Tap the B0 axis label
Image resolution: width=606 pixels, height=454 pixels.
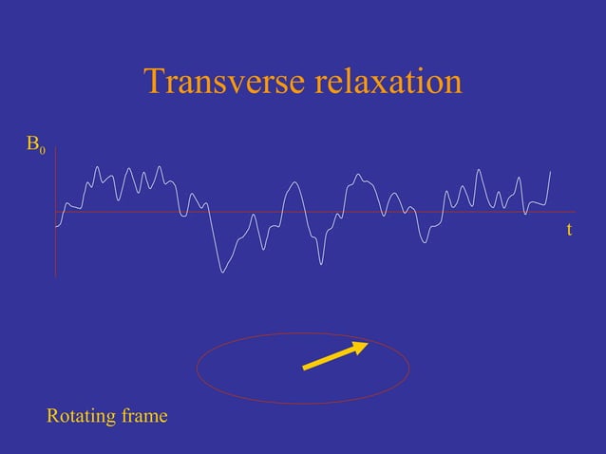tap(35, 145)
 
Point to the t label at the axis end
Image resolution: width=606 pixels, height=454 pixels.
tap(568, 230)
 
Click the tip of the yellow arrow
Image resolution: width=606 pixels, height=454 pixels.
tap(368, 344)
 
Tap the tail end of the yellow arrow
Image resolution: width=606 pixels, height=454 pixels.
tap(304, 369)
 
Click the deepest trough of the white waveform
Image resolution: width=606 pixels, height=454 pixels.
tap(223, 273)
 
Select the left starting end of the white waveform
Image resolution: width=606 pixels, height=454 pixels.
tap(56, 226)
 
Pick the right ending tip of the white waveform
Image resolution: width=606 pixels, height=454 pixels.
tap(551, 171)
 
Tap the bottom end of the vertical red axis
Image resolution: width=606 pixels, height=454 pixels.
tap(55, 276)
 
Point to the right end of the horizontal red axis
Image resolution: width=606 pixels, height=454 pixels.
tap(576, 212)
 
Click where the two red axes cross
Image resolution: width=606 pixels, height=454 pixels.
tap(55, 212)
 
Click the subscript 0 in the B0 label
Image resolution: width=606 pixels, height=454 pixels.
tap(41, 150)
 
